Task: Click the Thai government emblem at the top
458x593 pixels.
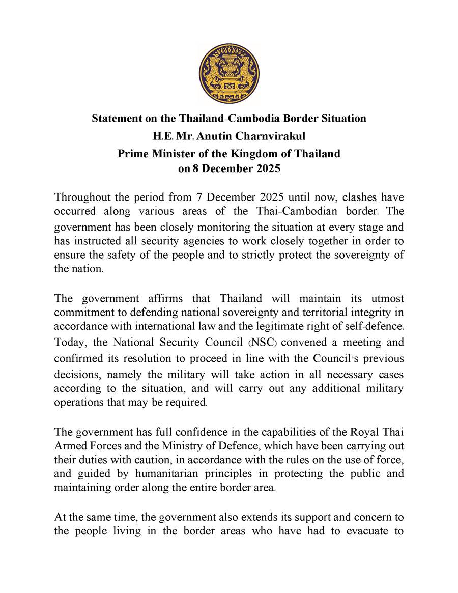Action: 228,74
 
